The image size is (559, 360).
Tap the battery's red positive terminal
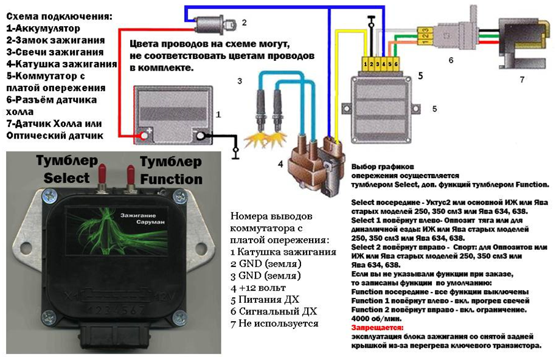click(146, 134)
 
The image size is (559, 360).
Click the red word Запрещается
click(375, 327)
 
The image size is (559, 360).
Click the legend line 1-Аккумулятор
click(43, 28)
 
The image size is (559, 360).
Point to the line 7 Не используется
click(275, 323)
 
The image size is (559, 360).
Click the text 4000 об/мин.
click(373, 318)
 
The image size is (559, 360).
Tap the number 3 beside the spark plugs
click(240, 81)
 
